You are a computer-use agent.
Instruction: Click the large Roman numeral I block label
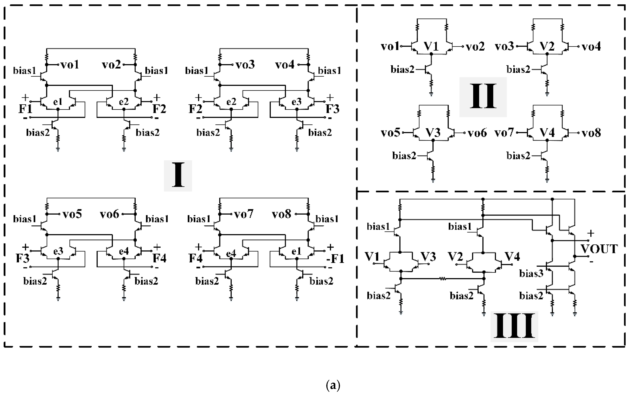[x=178, y=175]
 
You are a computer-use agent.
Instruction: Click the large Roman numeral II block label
[x=483, y=97]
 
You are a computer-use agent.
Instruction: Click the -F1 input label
[x=335, y=259]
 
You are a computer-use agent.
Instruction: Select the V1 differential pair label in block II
[x=431, y=46]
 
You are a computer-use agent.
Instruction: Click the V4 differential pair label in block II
[x=547, y=133]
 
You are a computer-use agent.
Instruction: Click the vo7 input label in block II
[x=504, y=133]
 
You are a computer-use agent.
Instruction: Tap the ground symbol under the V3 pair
[x=433, y=180]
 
